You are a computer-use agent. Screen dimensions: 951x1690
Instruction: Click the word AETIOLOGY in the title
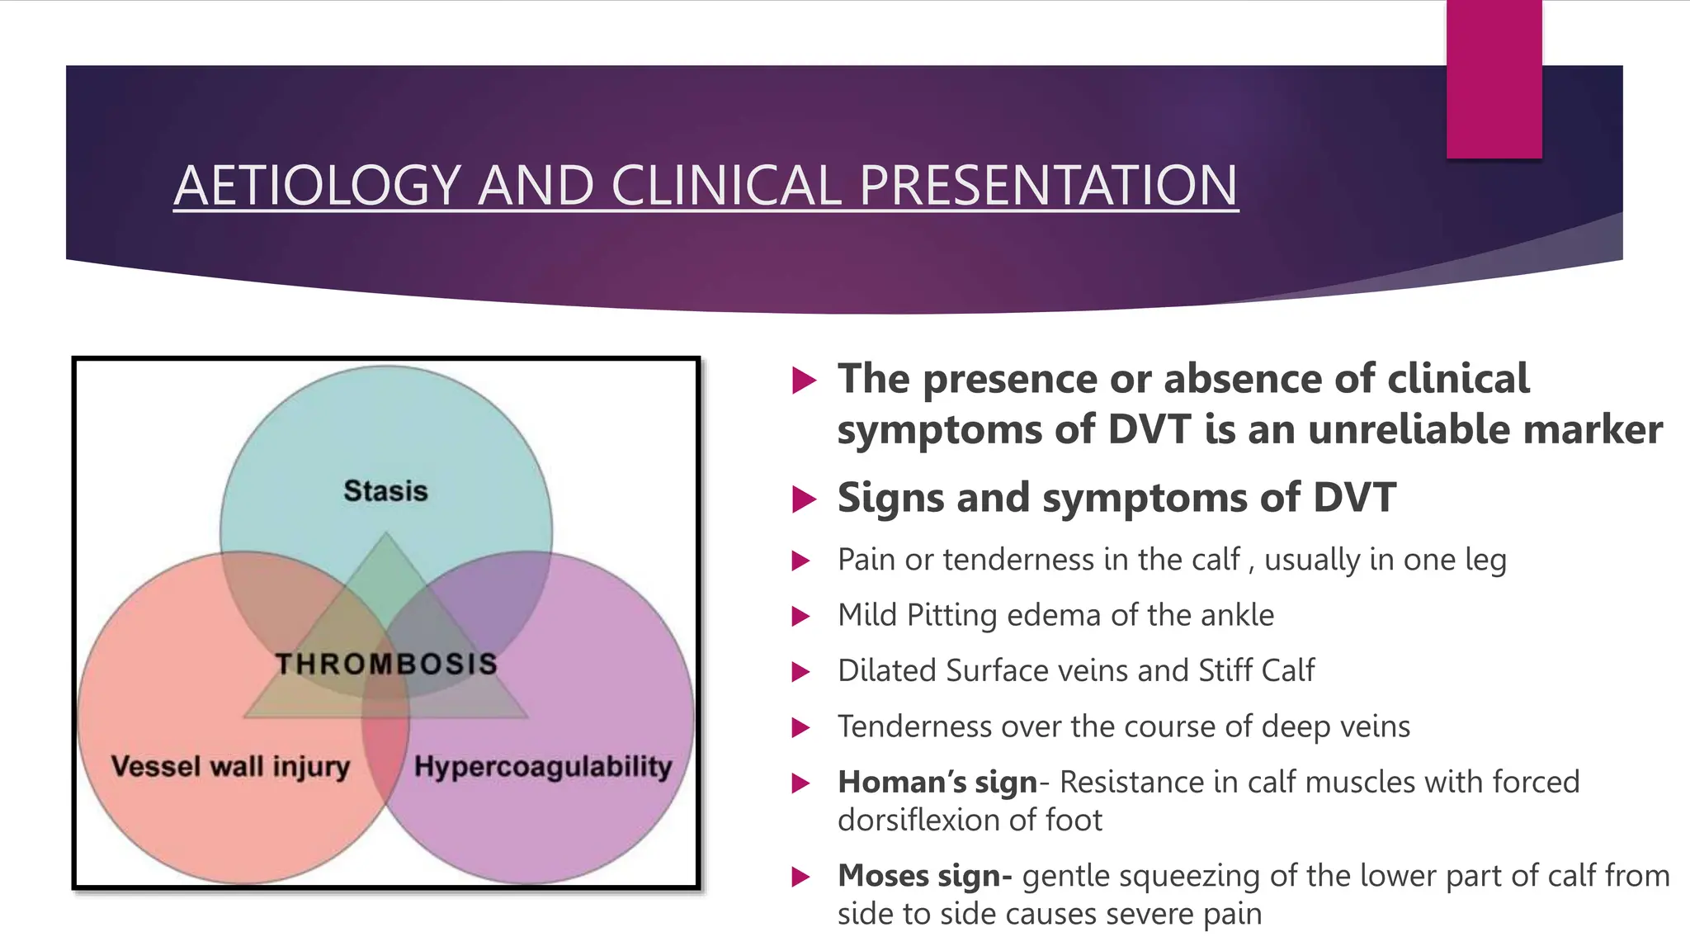[x=317, y=185]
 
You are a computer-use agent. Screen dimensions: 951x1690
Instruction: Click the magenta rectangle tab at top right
[x=1494, y=78]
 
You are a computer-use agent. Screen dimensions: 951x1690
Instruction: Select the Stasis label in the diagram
[x=385, y=491]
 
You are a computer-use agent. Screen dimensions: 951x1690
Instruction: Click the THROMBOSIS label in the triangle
[x=386, y=664]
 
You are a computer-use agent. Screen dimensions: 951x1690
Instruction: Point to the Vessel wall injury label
[x=230, y=766]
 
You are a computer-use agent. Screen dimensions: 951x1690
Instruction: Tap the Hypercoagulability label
[x=542, y=766]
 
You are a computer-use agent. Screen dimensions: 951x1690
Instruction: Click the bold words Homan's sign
[x=937, y=782]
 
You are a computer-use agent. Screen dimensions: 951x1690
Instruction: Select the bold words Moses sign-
[x=924, y=876]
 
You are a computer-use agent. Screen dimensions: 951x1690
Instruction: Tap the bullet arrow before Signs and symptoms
[x=803, y=499]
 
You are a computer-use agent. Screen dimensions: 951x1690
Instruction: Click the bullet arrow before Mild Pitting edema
[x=800, y=616]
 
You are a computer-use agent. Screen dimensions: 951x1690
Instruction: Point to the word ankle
[x=1237, y=615]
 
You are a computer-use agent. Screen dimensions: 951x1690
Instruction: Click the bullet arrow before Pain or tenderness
[x=800, y=561]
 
